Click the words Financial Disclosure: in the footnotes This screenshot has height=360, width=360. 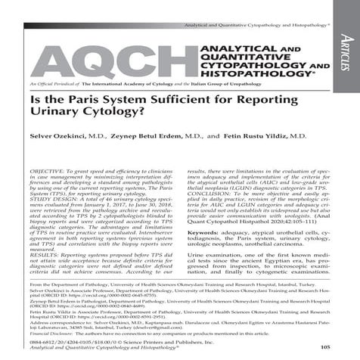pos(46,333)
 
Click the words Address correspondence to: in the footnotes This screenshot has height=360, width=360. pos(57,320)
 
